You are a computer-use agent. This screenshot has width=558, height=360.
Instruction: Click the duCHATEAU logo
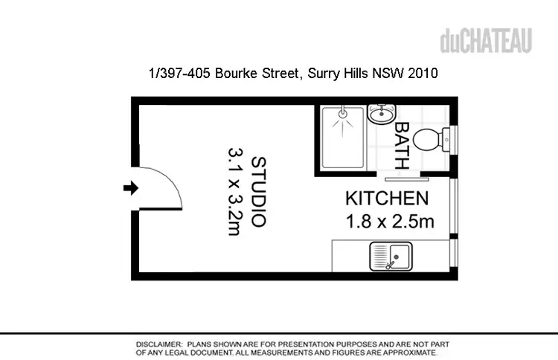click(486, 41)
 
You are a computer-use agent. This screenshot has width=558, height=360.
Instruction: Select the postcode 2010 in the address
click(422, 74)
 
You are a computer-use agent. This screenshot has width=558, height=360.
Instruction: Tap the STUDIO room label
click(258, 191)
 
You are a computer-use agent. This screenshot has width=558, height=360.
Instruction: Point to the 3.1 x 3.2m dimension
click(235, 191)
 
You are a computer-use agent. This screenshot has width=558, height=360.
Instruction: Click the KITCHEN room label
click(386, 199)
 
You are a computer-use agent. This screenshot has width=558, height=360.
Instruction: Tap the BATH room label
click(401, 146)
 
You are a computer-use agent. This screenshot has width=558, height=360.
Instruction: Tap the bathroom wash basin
click(381, 114)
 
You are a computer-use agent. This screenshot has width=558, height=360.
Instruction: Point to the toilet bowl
click(428, 139)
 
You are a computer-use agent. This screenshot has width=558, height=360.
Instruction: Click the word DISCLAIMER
click(158, 345)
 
